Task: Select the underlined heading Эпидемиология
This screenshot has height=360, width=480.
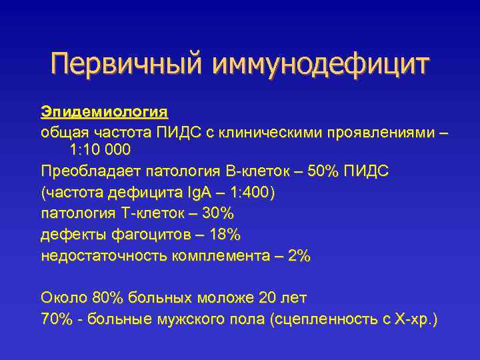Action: pyautogui.click(x=104, y=109)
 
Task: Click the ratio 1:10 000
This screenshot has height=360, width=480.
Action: pyautogui.click(x=99, y=150)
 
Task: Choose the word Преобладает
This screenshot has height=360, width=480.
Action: pyautogui.click(x=82, y=171)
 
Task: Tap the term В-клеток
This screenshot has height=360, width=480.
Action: pyautogui.click(x=255, y=171)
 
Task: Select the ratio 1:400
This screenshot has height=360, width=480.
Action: pyautogui.click(x=251, y=193)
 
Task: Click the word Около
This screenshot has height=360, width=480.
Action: pyautogui.click(x=61, y=297)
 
